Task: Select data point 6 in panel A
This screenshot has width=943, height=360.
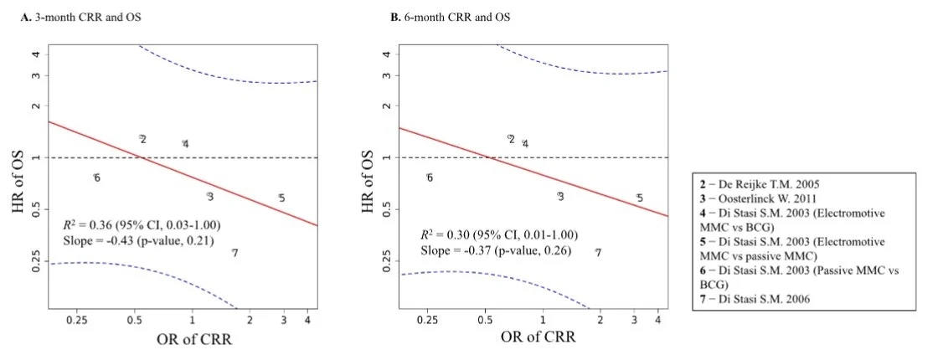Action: click(x=97, y=177)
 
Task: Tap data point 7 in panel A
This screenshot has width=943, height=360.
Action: click(x=234, y=253)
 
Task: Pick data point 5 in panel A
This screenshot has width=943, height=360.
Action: click(x=281, y=198)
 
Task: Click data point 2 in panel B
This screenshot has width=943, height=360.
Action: click(x=511, y=139)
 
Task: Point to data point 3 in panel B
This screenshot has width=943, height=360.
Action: click(x=560, y=196)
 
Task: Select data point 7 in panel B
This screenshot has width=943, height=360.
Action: click(x=598, y=252)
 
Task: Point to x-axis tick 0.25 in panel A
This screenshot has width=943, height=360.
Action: click(x=77, y=320)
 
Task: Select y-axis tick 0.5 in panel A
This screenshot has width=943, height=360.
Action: click(x=37, y=209)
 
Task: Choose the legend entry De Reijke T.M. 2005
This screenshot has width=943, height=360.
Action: click(x=760, y=183)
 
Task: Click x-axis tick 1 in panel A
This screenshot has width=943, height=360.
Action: click(x=193, y=320)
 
